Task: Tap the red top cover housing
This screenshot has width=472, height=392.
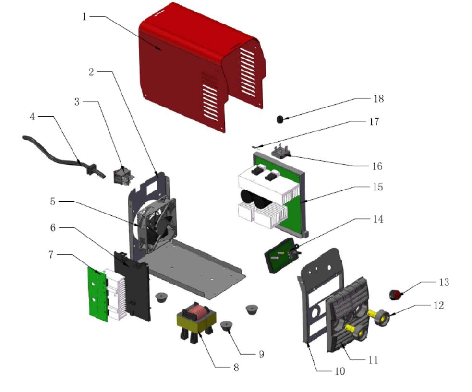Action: coord(192,62)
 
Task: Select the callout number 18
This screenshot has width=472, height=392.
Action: coord(379,99)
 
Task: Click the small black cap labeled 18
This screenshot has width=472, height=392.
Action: coord(280,119)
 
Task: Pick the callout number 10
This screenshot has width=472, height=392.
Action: coord(341,371)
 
